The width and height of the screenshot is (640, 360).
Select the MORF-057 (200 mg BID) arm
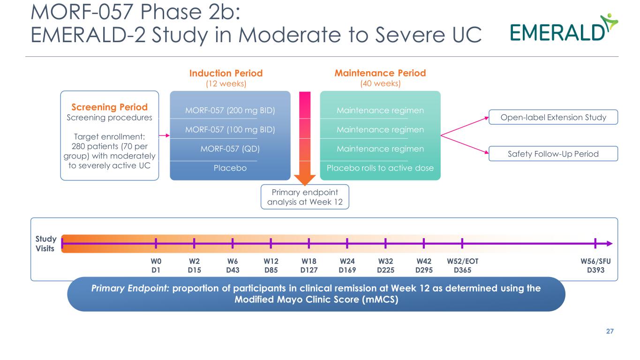[230, 111]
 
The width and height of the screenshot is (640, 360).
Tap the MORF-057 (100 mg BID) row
[230, 129]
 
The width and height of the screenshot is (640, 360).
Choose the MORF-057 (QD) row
[230, 149]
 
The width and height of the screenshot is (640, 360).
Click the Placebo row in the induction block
[230, 168]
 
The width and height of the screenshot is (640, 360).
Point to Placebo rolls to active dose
[380, 168]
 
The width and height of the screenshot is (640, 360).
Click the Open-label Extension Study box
[553, 117]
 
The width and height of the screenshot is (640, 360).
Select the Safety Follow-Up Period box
[553, 153]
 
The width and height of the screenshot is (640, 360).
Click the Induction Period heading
[226, 73]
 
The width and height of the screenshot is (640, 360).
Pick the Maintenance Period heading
[380, 73]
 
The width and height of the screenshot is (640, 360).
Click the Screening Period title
[109, 107]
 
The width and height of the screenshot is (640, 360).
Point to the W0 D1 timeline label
[156, 265]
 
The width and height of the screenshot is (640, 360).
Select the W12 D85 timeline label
[271, 265]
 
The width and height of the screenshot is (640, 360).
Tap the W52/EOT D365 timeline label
[462, 265]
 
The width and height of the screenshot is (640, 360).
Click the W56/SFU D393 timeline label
[595, 265]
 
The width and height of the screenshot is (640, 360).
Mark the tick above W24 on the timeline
[347, 243]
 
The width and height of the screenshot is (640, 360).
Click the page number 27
[610, 331]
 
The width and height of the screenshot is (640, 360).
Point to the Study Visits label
[46, 243]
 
